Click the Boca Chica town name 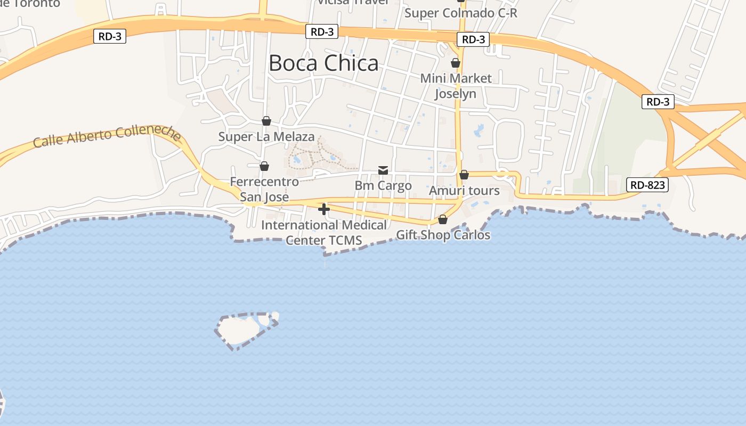(323, 63)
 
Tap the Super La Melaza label (266, 137)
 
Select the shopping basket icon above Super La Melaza (266, 121)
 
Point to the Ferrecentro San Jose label (264, 189)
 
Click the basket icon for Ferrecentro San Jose (264, 166)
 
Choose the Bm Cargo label (383, 186)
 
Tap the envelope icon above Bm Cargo (383, 170)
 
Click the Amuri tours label (464, 191)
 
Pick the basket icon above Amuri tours (464, 175)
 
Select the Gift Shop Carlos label (443, 235)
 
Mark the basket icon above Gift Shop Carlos (443, 219)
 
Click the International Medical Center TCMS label (324, 233)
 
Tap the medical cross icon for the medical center (324, 209)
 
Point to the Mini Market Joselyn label (456, 86)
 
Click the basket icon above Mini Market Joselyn (456, 63)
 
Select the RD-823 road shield (647, 185)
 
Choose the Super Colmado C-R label (461, 13)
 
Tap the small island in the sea (242, 329)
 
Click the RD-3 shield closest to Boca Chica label (322, 32)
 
